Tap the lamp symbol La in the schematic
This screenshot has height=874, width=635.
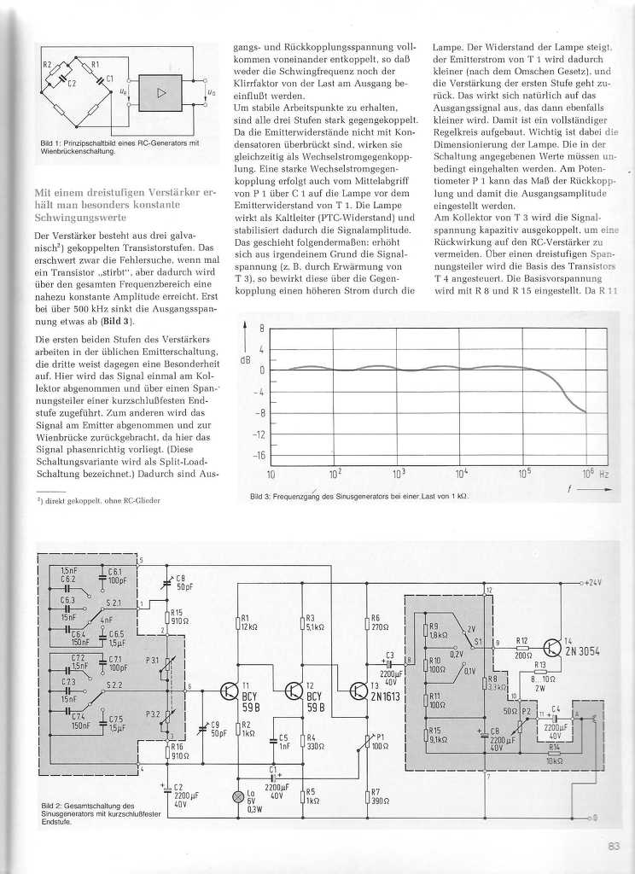tap(238, 796)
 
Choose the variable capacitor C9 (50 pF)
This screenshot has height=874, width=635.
tap(203, 731)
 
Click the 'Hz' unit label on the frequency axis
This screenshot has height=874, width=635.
tap(603, 473)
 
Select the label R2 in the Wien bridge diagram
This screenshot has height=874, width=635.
tap(48, 64)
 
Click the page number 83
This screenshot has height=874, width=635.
tap(613, 847)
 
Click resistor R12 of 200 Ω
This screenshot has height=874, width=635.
tap(522, 648)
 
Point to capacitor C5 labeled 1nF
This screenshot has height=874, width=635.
tap(281, 741)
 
